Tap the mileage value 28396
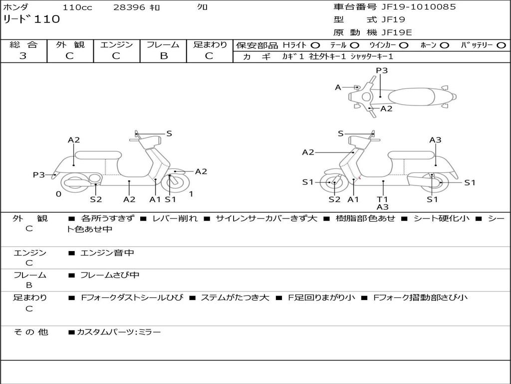(x=129, y=7)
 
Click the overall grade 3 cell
(x=23, y=56)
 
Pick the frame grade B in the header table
(x=163, y=56)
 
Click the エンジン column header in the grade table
(x=116, y=44)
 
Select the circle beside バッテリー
(x=501, y=45)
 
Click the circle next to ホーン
(x=444, y=45)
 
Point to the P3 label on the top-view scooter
(x=382, y=70)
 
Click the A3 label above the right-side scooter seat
(x=435, y=140)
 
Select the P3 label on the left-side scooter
(x=39, y=175)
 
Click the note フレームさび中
(x=110, y=275)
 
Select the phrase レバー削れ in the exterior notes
(x=175, y=218)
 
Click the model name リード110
(x=31, y=19)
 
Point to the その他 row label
(x=30, y=332)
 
